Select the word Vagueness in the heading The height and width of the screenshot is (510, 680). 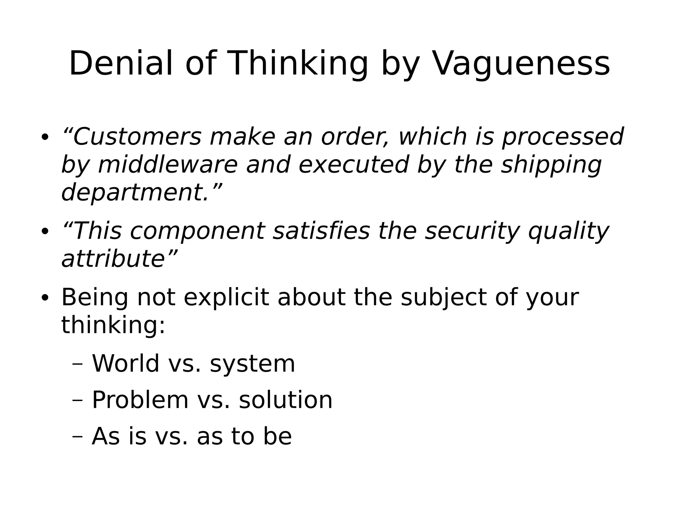pyautogui.click(x=521, y=63)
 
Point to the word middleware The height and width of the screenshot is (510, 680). pyautogui.click(x=168, y=165)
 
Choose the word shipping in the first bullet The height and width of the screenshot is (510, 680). pyautogui.click(x=551, y=165)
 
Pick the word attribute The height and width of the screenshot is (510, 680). pyautogui.click(x=113, y=259)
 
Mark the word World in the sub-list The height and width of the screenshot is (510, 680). pyautogui.click(x=126, y=363)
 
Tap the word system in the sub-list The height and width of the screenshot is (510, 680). pyautogui.click(x=252, y=363)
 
